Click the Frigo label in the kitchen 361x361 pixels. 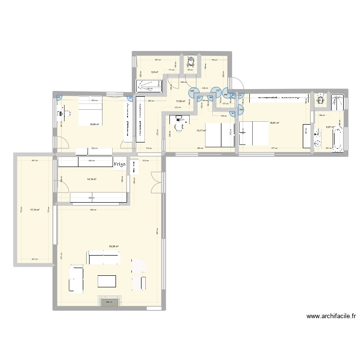coord(119,164)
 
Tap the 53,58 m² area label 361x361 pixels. coord(114,246)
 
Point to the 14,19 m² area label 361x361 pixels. coord(91,179)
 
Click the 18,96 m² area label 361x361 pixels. coord(94,124)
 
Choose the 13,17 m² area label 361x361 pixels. coord(201,129)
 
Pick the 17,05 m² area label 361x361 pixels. coord(180,101)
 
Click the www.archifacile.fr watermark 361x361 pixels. coord(331,316)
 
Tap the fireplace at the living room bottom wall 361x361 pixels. coord(110,302)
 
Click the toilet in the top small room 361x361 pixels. coord(191,62)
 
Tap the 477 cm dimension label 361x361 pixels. coord(272,149)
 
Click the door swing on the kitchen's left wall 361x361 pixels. coord(61,181)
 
